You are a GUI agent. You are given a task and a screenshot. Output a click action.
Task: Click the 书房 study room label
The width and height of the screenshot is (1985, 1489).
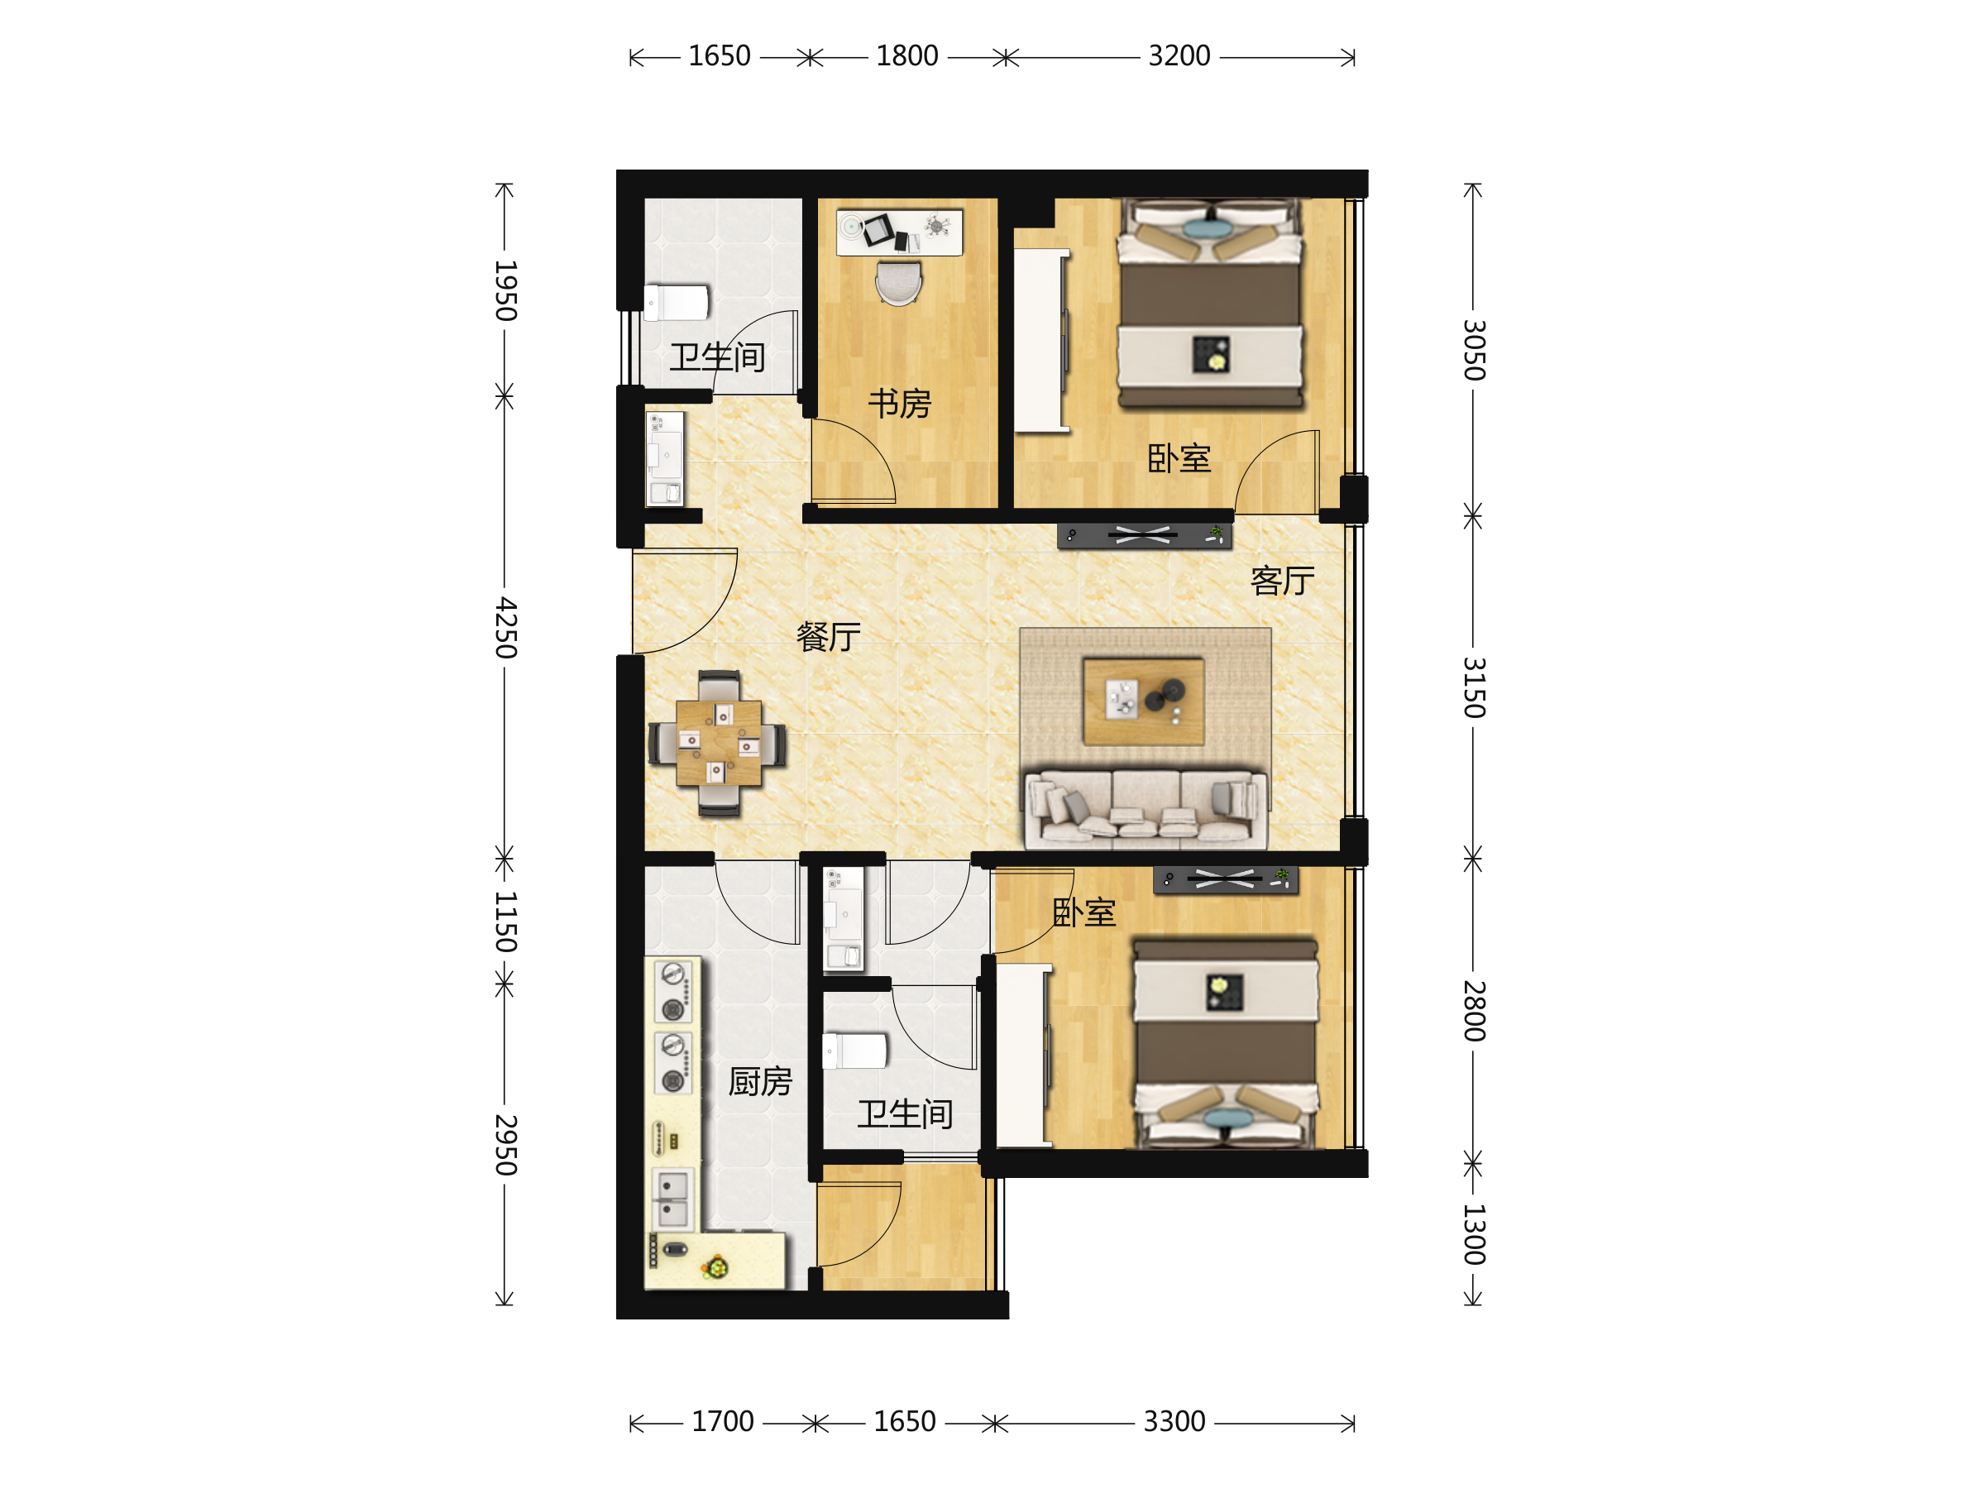(x=899, y=404)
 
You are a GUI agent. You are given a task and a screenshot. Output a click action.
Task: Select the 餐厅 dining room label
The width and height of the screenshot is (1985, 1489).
(x=828, y=636)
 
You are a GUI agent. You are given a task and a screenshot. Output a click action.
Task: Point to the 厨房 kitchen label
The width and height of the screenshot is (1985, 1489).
(x=760, y=1081)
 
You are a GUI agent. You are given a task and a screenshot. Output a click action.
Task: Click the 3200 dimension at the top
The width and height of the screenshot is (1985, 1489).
(x=1179, y=56)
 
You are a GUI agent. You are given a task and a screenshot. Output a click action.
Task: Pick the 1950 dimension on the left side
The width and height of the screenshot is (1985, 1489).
(x=506, y=291)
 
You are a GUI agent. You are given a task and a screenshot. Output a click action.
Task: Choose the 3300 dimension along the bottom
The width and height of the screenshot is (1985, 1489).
(x=1174, y=1422)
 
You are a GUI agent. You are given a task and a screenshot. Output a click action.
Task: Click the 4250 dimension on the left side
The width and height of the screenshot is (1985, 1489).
(x=506, y=627)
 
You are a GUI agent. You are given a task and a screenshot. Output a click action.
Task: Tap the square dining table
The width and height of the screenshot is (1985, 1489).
(x=719, y=743)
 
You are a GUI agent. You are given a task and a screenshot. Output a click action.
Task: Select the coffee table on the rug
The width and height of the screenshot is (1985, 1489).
(x=1143, y=701)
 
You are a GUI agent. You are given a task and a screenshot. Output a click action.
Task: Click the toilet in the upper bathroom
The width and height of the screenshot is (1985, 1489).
(x=677, y=303)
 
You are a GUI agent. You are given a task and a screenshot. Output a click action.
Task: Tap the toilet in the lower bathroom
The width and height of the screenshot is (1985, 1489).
(x=855, y=1050)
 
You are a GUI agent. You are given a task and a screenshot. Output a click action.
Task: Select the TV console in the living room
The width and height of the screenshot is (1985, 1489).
(x=1144, y=536)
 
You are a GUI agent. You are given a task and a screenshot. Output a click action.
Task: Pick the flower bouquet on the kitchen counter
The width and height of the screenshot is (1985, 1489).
(x=716, y=1266)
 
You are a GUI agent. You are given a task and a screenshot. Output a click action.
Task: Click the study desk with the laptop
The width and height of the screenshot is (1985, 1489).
(x=899, y=232)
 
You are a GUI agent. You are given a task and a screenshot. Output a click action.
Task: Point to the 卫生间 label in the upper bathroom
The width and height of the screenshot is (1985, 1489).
(x=717, y=357)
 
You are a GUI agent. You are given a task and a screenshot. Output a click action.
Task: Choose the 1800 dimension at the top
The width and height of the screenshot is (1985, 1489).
(x=907, y=56)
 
